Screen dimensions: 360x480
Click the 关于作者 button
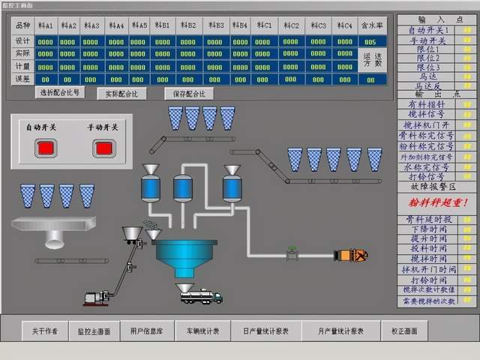pyautogui.click(x=45, y=331)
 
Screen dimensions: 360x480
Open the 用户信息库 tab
pyautogui.click(x=145, y=331)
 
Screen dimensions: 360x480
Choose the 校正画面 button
pyautogui.click(x=405, y=331)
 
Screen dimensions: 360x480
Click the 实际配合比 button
pyautogui.click(x=121, y=94)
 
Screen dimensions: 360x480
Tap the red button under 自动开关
pyautogui.click(x=46, y=148)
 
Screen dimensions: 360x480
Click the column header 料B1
pyautogui.click(x=163, y=25)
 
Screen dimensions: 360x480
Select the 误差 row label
pyautogui.click(x=22, y=79)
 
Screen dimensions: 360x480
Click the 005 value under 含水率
pyautogui.click(x=370, y=41)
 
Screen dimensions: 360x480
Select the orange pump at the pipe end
pyautogui.click(x=350, y=255)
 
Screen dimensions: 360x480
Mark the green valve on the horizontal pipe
pyautogui.click(x=291, y=255)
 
